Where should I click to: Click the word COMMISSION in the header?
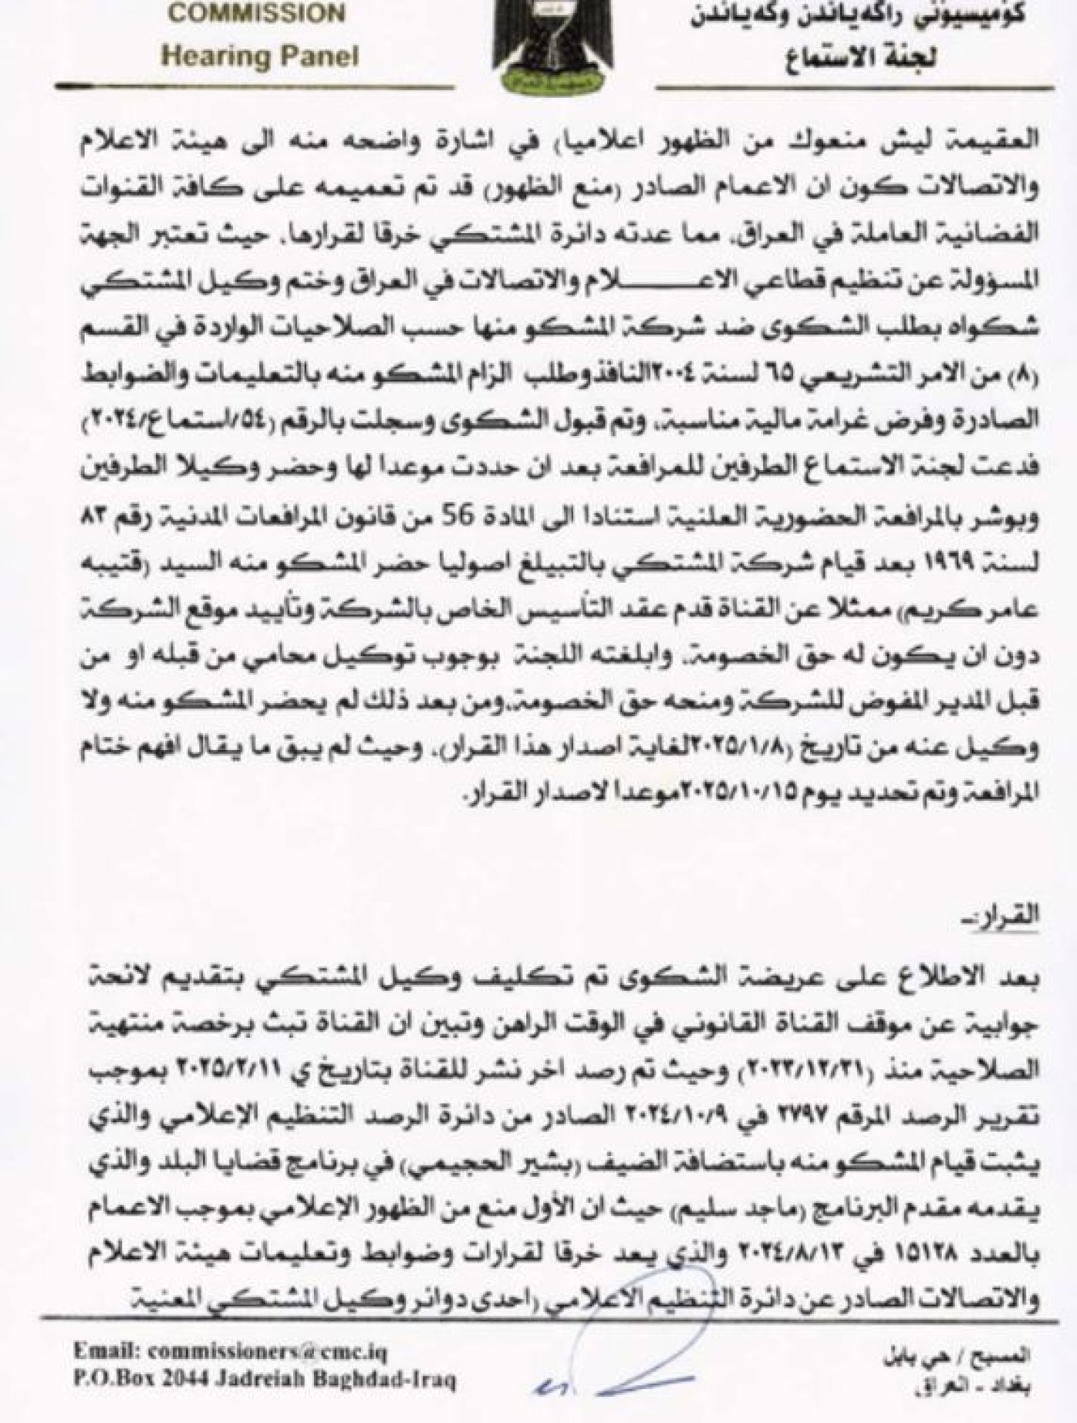pos(257,14)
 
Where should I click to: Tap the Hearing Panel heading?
pos(262,56)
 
